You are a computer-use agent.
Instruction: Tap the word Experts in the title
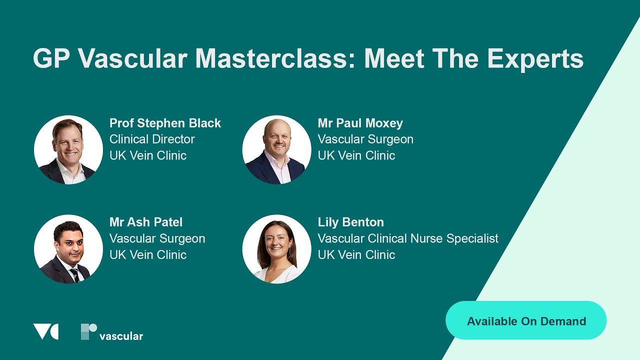point(535,58)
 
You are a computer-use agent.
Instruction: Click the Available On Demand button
point(526,321)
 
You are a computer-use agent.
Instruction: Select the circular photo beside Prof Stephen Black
point(68,149)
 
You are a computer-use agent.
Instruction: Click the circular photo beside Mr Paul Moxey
point(276,149)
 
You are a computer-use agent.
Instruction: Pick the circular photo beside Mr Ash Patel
point(68,249)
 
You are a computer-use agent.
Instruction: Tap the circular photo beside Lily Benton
point(276,249)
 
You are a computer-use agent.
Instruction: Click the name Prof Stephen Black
point(165,123)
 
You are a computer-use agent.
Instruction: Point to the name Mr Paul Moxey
point(360,123)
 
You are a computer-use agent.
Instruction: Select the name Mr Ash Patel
point(146,222)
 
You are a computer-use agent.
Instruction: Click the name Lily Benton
point(350,222)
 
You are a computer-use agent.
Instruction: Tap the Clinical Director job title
point(152,139)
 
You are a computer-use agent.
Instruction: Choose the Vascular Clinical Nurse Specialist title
point(408,238)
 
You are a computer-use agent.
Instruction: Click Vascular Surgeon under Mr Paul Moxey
point(365,139)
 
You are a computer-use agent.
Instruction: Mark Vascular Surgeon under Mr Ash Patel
point(157,238)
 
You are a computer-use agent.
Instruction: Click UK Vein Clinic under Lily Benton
point(356,254)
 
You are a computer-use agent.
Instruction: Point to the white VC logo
point(45,331)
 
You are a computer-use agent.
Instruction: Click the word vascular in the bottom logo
point(121,336)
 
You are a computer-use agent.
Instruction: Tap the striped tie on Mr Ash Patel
point(74,274)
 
